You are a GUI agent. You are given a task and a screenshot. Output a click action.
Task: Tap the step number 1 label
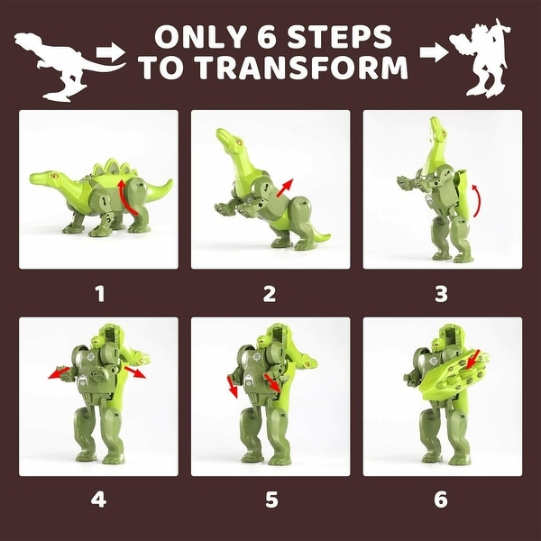click(100, 293)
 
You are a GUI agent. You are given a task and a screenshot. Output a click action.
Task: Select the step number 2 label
click(270, 293)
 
